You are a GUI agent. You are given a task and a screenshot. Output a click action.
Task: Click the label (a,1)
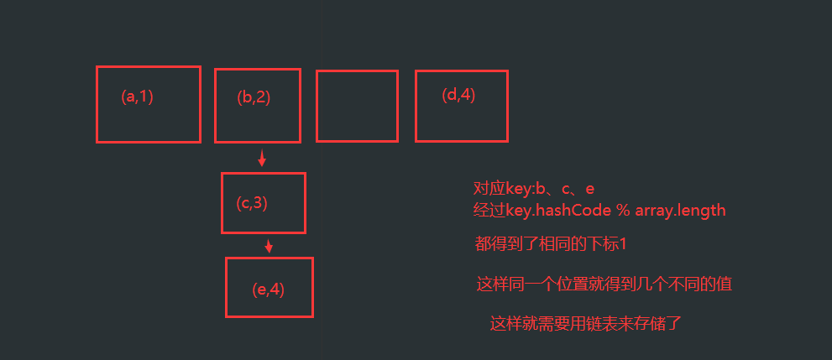138,97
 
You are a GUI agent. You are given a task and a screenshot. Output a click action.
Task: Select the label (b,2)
254,97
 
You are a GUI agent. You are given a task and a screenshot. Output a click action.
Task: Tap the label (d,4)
458,95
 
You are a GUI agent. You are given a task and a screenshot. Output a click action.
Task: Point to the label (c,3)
252,202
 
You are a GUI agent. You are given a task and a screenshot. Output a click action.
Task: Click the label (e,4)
269,290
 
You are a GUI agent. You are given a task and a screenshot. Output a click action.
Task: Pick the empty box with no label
357,106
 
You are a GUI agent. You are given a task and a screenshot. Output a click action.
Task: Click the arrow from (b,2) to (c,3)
262,158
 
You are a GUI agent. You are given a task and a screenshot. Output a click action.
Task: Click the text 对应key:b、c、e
534,190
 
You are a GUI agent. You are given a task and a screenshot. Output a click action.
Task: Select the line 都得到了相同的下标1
551,244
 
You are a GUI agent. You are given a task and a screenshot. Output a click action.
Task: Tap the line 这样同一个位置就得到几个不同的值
604,284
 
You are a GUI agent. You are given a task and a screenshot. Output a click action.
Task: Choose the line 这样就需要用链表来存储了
585,323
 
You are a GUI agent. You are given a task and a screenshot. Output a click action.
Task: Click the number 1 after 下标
624,244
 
